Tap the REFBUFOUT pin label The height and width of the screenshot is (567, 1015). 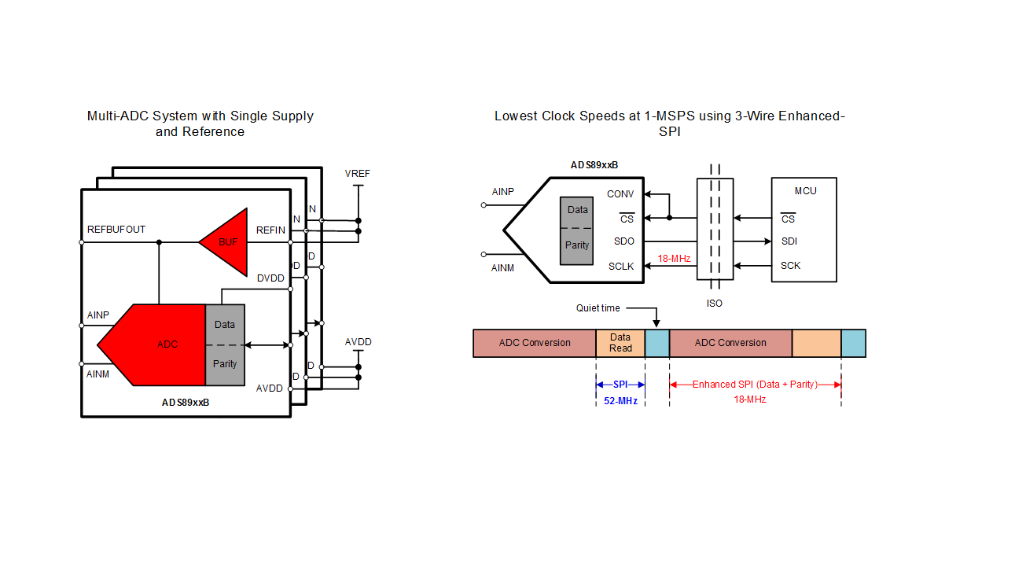tap(116, 230)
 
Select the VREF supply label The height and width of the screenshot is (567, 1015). tap(358, 174)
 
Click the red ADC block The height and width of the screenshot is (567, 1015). tap(161, 344)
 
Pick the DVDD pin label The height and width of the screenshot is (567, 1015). tap(270, 278)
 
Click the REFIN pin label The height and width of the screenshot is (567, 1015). tap(270, 230)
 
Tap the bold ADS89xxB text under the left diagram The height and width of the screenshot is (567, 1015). tap(186, 403)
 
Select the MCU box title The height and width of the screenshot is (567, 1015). tap(805, 191)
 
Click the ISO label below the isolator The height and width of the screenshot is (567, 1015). tap(715, 303)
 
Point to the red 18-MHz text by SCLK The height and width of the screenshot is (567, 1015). tap(674, 257)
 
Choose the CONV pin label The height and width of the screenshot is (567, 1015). tap(620, 194)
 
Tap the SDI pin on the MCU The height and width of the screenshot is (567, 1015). tap(789, 241)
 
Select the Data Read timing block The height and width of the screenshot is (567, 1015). tap(620, 344)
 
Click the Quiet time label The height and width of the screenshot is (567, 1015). tap(598, 308)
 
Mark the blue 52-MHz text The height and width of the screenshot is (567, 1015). tap(620, 401)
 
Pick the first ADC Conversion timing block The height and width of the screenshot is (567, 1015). tap(535, 344)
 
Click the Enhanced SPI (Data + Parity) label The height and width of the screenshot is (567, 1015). tap(755, 385)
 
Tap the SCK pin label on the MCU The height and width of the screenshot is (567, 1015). tap(790, 266)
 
